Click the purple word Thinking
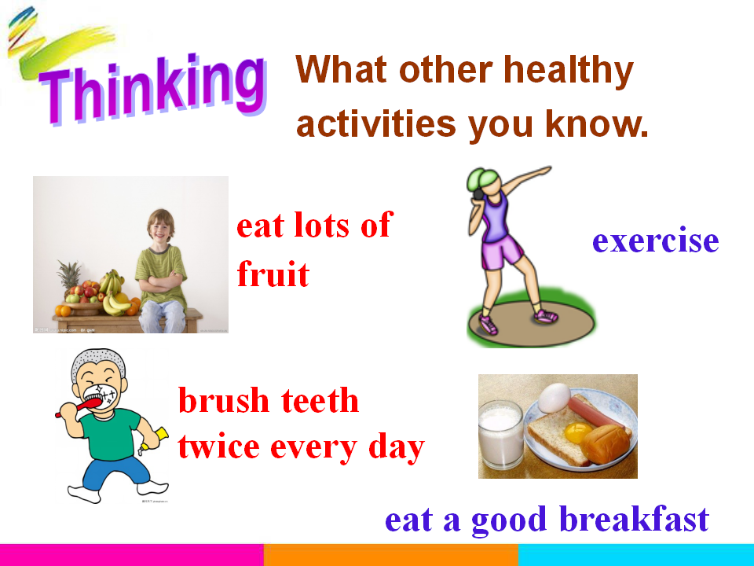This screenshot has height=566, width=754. [x=154, y=89]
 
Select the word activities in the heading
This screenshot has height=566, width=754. [x=376, y=123]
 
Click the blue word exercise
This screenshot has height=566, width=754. [x=655, y=240]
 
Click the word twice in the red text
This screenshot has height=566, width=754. [x=219, y=447]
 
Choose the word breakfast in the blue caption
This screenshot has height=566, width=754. [x=635, y=519]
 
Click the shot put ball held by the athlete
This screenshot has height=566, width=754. [x=478, y=193]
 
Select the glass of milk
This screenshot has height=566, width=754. [x=500, y=435]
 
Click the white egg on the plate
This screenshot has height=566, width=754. [x=554, y=398]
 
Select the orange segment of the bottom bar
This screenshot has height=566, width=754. [x=391, y=555]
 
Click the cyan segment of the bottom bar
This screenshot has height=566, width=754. [x=636, y=555]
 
